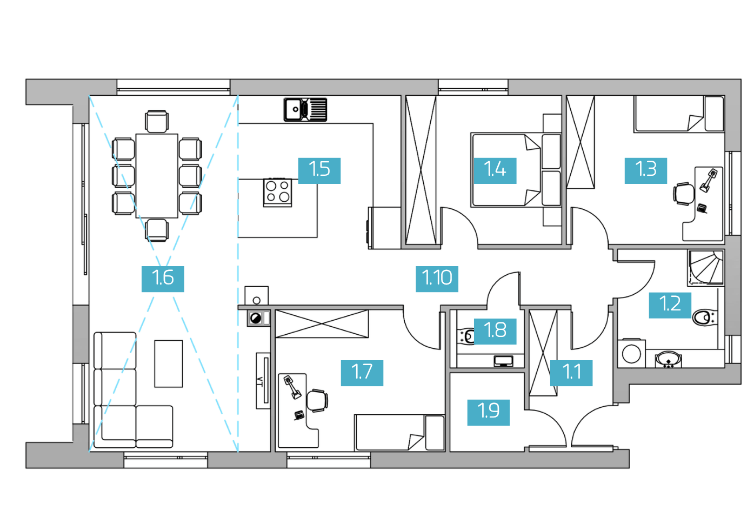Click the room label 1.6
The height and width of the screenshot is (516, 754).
(163, 279)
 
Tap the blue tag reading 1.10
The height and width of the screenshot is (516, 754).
(437, 279)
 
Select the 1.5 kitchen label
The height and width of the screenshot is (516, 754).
(319, 171)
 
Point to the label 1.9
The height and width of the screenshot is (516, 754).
(489, 413)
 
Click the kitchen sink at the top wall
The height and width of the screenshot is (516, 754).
(305, 109)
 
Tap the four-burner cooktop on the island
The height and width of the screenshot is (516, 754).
(278, 193)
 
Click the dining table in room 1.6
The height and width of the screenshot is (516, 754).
(157, 176)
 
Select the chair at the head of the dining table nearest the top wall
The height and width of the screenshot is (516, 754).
(157, 122)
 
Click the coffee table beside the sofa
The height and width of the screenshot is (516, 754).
(169, 364)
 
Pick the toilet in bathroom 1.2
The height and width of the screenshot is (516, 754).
(704, 317)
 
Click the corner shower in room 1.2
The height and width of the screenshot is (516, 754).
(706, 267)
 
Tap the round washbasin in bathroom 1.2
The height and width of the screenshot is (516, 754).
(669, 359)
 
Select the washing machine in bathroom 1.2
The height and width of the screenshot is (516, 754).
(631, 353)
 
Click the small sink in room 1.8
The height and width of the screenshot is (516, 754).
(504, 361)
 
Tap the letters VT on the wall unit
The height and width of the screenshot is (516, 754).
(259, 382)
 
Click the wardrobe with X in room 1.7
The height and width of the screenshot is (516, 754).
(322, 323)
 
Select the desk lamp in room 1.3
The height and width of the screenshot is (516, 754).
(708, 181)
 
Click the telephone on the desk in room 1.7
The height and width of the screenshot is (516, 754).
(299, 415)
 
